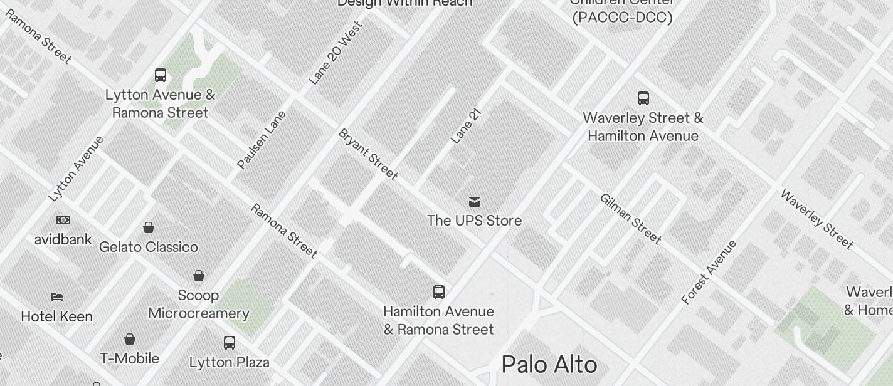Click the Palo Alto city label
click(549, 364)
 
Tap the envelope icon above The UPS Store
click(475, 202)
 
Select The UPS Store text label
click(474, 221)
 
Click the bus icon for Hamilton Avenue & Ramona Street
click(439, 291)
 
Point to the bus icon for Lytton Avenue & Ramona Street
click(161, 75)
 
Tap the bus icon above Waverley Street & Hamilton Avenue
click(643, 98)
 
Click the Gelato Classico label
click(149, 247)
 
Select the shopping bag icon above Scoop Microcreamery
click(198, 276)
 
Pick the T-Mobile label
click(130, 358)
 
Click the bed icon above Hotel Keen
click(57, 296)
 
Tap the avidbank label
click(63, 239)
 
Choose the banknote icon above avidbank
click(63, 220)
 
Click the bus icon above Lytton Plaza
click(230, 343)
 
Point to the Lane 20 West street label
click(336, 53)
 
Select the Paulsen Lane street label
click(262, 140)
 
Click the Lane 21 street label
click(466, 126)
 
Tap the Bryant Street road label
click(368, 154)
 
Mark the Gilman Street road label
click(630, 218)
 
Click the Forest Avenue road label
click(709, 272)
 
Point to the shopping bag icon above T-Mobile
click(129, 339)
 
